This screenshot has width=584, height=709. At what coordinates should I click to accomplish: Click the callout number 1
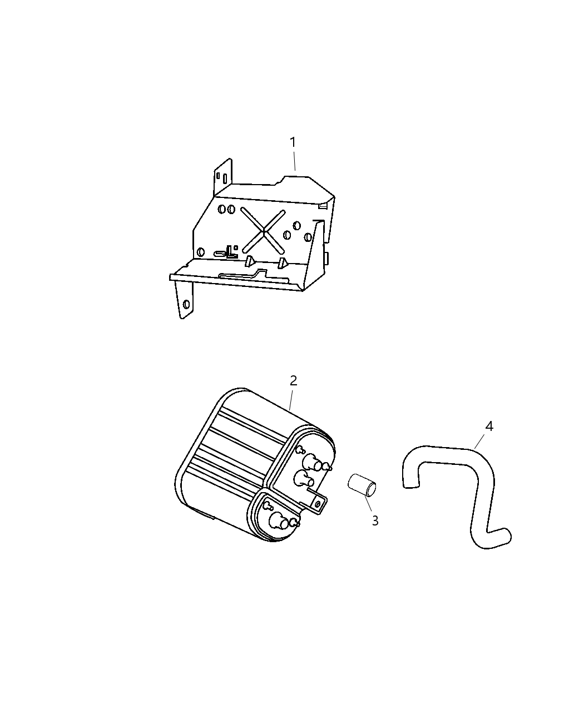coord(293,143)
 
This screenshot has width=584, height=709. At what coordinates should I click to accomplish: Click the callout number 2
coord(293,381)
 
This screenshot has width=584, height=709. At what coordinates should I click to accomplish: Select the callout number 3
coord(375,521)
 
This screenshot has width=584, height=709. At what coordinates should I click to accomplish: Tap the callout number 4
coord(489,427)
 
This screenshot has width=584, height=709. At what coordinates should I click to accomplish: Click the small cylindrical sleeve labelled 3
coord(362,484)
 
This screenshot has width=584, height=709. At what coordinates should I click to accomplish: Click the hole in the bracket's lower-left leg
coord(186,304)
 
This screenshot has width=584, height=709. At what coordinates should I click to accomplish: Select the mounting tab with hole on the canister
coord(318,504)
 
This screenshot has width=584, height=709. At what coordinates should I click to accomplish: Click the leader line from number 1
coord(294,162)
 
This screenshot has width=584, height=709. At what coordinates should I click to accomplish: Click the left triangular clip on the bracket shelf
coord(250,261)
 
